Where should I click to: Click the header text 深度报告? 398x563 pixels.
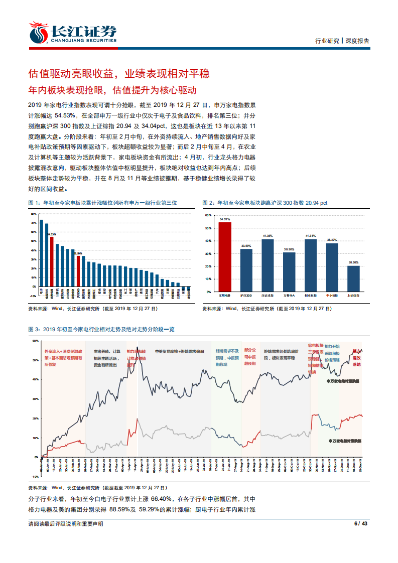pos(357,41)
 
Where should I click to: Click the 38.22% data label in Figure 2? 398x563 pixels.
pos(332,240)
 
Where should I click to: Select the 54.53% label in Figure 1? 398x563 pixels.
pos(52,234)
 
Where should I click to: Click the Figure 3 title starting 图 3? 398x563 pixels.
pos(101,329)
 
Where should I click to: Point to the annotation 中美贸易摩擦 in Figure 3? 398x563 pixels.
pos(165,351)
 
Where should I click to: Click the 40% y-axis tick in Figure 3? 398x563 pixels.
pos(35,379)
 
